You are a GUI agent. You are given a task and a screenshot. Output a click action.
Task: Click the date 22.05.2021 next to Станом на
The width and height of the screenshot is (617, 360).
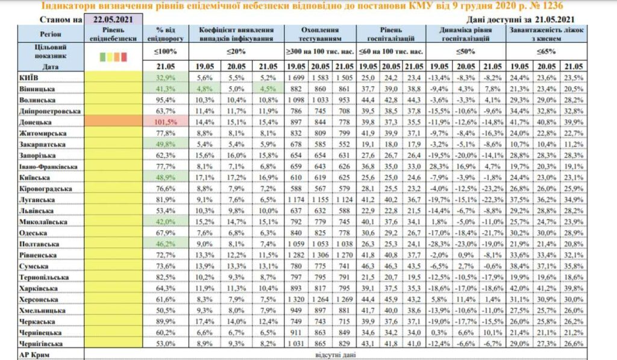[x=113, y=20]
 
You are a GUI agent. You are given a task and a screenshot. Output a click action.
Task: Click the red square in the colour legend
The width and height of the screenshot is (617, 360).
[x=124, y=57]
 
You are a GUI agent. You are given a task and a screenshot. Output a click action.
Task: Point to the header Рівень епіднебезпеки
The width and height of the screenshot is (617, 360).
[x=113, y=33]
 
